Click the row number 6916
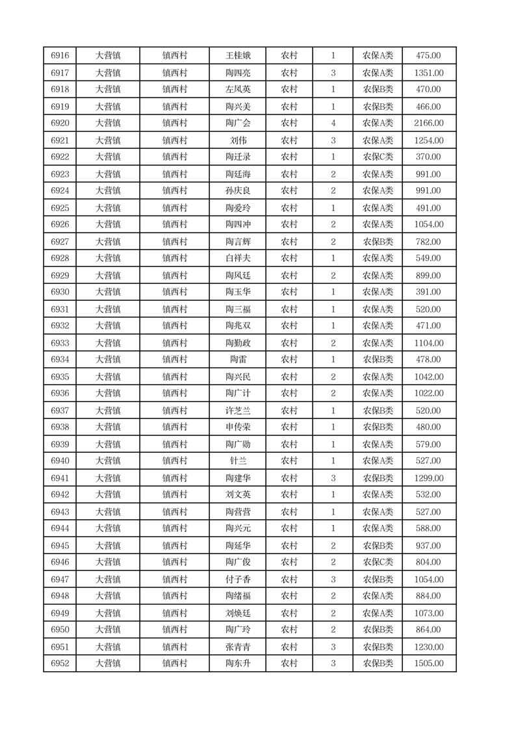(60, 56)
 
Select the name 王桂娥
(237, 56)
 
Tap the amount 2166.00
(428, 123)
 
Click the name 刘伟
(237, 140)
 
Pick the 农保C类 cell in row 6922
(378, 157)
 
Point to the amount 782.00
(428, 242)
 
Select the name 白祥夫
(237, 259)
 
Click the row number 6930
(60, 292)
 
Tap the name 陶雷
(237, 360)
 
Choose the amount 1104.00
(428, 343)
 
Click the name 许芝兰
(237, 411)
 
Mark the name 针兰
(237, 461)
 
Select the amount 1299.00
(428, 478)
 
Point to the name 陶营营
(237, 512)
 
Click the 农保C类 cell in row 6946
(378, 563)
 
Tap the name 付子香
(237, 580)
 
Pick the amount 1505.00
(428, 663)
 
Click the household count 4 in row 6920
(333, 123)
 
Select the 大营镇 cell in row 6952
(108, 663)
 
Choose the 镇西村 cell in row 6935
(175, 377)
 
